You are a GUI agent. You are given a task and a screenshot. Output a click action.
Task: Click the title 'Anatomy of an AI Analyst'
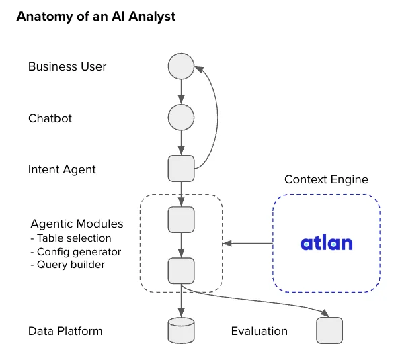[95, 17]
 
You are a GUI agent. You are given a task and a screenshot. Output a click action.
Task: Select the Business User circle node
[181, 66]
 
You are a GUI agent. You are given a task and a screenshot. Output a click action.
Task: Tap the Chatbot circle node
[181, 118]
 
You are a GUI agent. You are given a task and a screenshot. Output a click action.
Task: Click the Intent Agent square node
[181, 168]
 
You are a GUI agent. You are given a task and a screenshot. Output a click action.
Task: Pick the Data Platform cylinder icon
[181, 330]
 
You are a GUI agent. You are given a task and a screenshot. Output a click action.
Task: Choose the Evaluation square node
[329, 330]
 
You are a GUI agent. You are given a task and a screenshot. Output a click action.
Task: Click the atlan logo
[326, 242]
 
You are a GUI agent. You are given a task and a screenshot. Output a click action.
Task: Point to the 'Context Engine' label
[326, 179]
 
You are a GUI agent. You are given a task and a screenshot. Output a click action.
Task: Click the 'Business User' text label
[67, 66]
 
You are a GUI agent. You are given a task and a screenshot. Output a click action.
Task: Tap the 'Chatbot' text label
[50, 118]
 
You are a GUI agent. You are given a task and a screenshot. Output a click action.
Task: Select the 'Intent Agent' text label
[62, 169]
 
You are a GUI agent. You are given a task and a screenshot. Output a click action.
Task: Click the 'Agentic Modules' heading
[77, 224]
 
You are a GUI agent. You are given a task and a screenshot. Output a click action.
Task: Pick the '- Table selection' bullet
[71, 238]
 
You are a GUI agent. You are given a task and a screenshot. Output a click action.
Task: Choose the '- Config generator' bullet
[75, 251]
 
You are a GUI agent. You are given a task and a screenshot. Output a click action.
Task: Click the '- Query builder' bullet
[67, 265]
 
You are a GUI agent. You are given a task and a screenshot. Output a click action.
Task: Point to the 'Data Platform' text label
[65, 331]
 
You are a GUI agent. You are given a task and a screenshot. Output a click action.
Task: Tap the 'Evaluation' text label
[259, 331]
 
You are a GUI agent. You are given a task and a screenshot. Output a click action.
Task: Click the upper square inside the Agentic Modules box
[181, 219]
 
